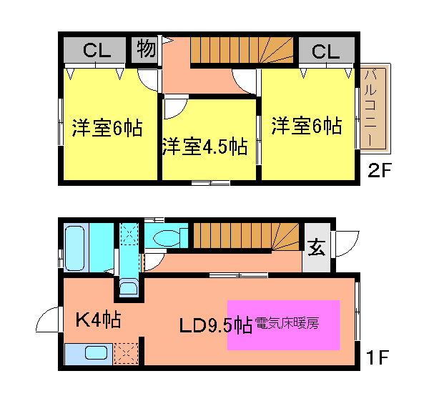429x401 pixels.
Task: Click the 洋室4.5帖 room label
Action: [204, 147]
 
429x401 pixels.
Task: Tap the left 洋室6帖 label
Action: [107, 129]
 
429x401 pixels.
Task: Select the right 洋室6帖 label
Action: [306, 127]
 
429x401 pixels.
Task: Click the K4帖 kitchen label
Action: [98, 320]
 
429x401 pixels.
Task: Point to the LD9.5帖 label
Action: [215, 325]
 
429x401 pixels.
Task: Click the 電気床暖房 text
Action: [286, 323]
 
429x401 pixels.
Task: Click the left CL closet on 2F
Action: [95, 51]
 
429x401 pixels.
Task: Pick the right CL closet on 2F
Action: [325, 51]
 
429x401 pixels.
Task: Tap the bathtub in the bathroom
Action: [75, 247]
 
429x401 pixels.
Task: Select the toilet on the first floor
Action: [168, 237]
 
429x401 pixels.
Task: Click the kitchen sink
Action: [95, 352]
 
